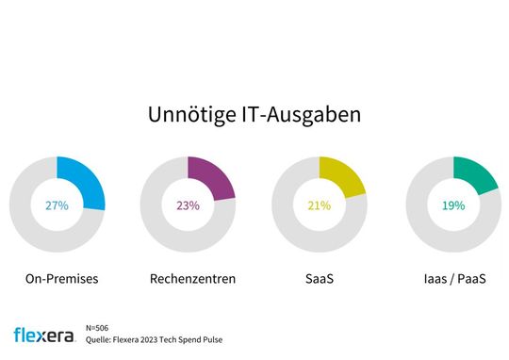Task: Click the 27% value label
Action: (x=57, y=205)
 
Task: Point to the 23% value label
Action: (x=188, y=205)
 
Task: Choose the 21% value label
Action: (x=320, y=205)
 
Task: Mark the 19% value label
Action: (x=452, y=205)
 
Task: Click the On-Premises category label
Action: (x=57, y=280)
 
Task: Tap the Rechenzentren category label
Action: (x=188, y=280)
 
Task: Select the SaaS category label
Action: (x=320, y=280)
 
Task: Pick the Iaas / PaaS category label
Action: (x=452, y=280)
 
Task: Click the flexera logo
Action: (x=46, y=335)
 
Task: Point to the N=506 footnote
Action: (x=110, y=327)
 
